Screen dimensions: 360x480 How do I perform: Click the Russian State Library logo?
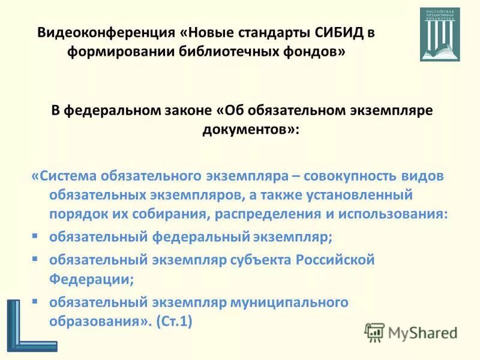[440, 34]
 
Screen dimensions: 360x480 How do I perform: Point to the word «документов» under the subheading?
[245, 129]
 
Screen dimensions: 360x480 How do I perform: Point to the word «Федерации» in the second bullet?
[89, 278]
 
